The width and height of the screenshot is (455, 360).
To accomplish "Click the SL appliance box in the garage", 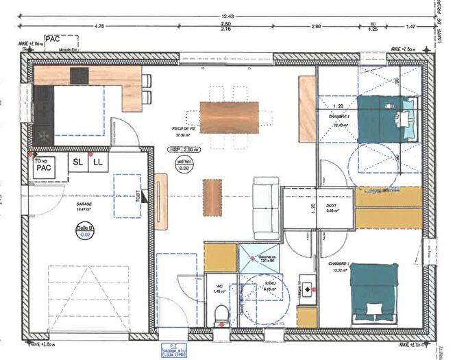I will click(x=77, y=163).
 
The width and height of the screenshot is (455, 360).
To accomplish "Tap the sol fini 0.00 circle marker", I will click(x=184, y=164).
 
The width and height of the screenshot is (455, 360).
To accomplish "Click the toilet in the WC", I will click(x=221, y=315).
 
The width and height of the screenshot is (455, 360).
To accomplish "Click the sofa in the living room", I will click(x=267, y=208).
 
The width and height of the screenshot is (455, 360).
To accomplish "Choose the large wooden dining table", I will click(x=230, y=117).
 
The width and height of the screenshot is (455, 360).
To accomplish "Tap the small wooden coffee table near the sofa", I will click(x=213, y=195).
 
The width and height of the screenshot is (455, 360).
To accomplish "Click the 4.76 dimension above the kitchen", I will click(x=99, y=26).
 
